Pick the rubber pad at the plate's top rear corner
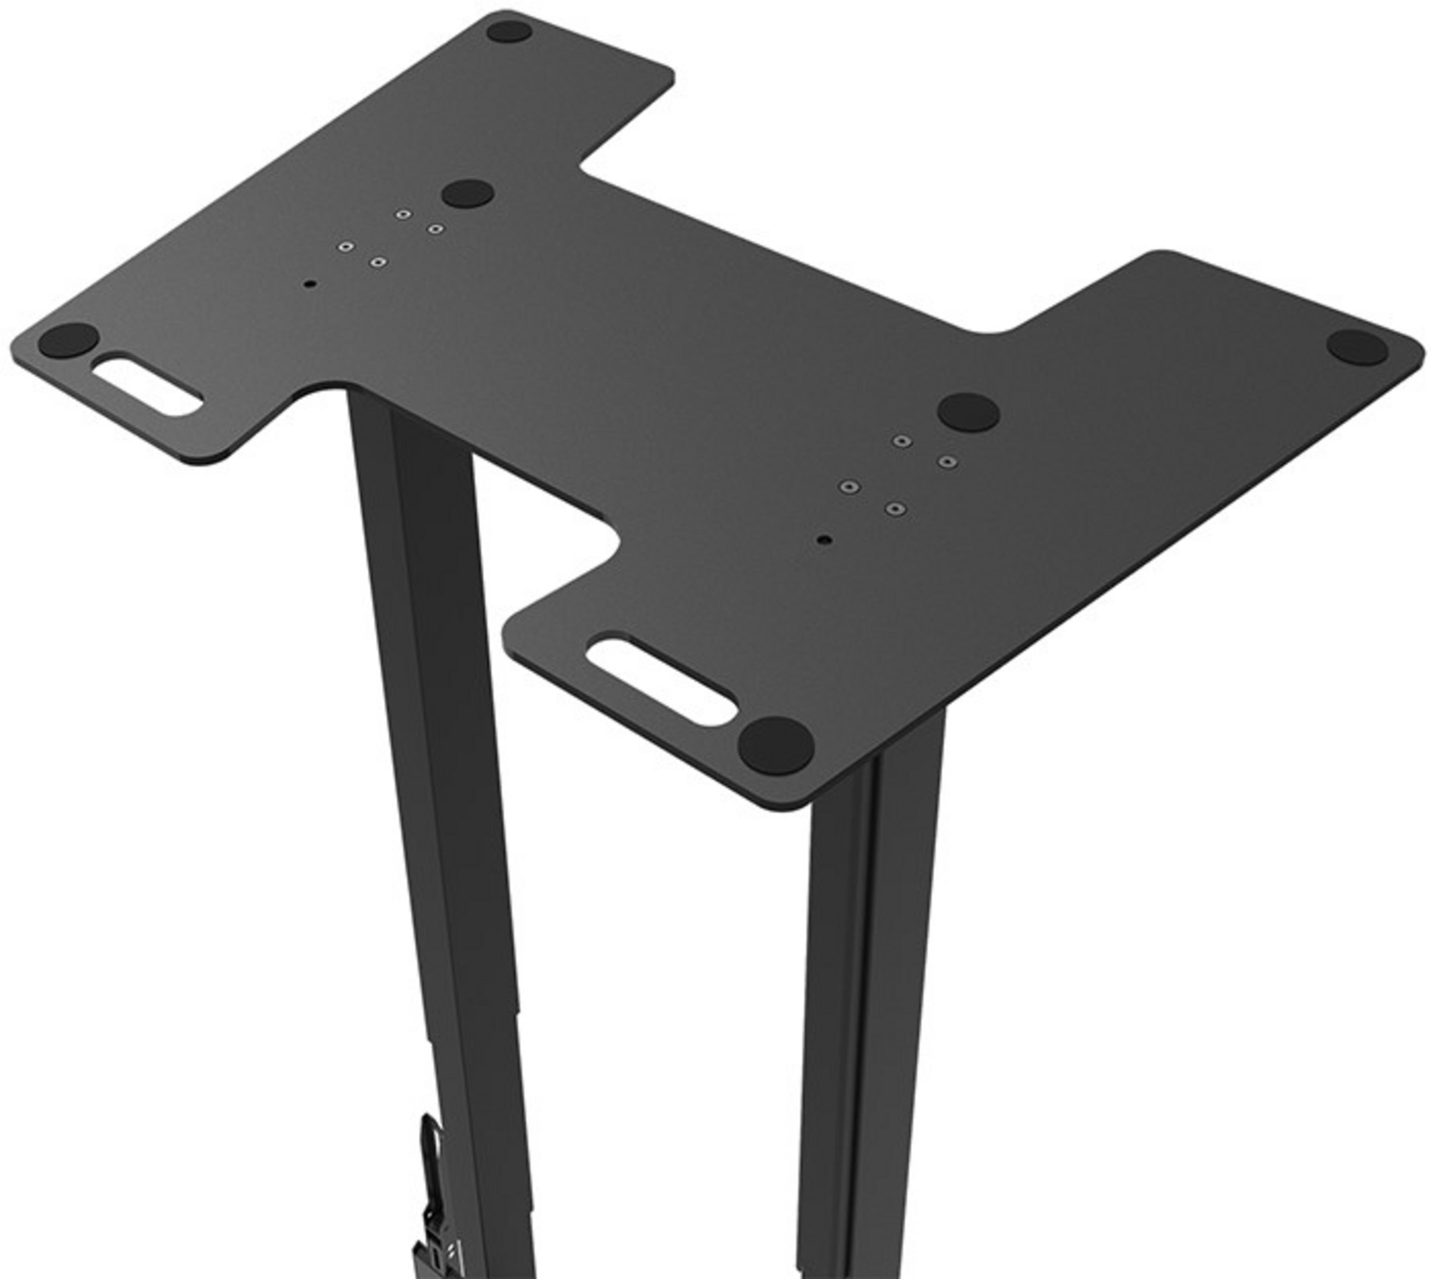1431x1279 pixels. [x=509, y=31]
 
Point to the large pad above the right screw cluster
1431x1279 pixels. [x=969, y=412]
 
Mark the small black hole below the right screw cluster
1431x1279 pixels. [x=825, y=540]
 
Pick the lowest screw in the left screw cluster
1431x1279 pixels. [x=378, y=262]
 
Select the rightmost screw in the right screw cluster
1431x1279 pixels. [x=947, y=462]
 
